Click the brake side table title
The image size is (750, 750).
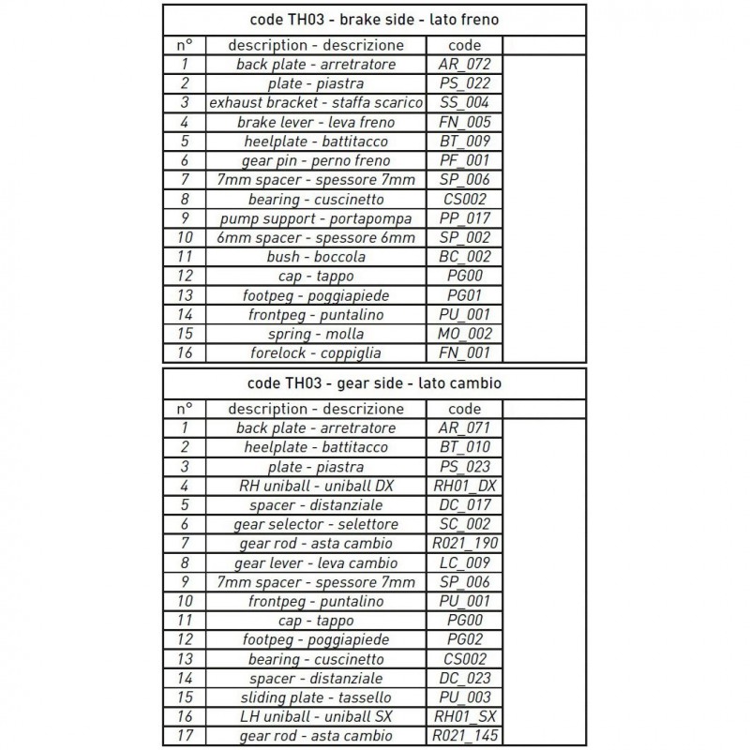[x=374, y=19]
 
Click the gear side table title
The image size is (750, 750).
[x=374, y=382]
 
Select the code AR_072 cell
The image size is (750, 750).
[x=464, y=65]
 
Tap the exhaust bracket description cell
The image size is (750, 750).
[x=315, y=103]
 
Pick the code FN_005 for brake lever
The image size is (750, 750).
[x=464, y=122]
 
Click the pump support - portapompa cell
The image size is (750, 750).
[x=315, y=218]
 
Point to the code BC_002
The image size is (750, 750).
[x=464, y=257]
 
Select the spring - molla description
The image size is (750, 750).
[x=315, y=334]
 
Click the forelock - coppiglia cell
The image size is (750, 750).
[x=315, y=353]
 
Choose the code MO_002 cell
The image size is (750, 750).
[x=464, y=334]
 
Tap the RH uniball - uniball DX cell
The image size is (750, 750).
[x=315, y=486]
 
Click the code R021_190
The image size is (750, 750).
[x=464, y=544]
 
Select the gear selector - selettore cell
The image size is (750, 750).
[x=315, y=524]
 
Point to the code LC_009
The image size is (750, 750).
[x=464, y=563]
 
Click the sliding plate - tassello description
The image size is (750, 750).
[x=315, y=697]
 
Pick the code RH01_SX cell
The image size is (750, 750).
[x=464, y=717]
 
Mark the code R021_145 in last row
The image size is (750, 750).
[x=464, y=736]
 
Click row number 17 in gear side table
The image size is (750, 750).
[x=185, y=736]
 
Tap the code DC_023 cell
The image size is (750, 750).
[x=464, y=679]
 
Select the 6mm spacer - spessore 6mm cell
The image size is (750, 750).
[x=315, y=237]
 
